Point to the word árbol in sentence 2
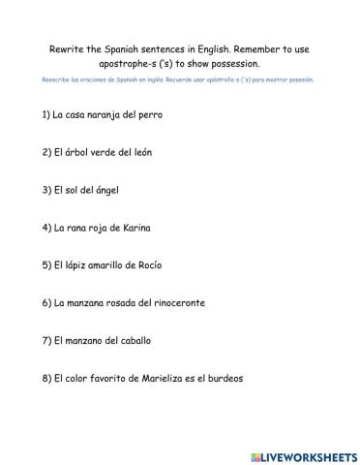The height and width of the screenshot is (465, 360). [77, 153]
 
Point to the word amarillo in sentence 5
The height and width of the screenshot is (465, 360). [109, 265]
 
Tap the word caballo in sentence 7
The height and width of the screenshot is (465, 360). [135, 341]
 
